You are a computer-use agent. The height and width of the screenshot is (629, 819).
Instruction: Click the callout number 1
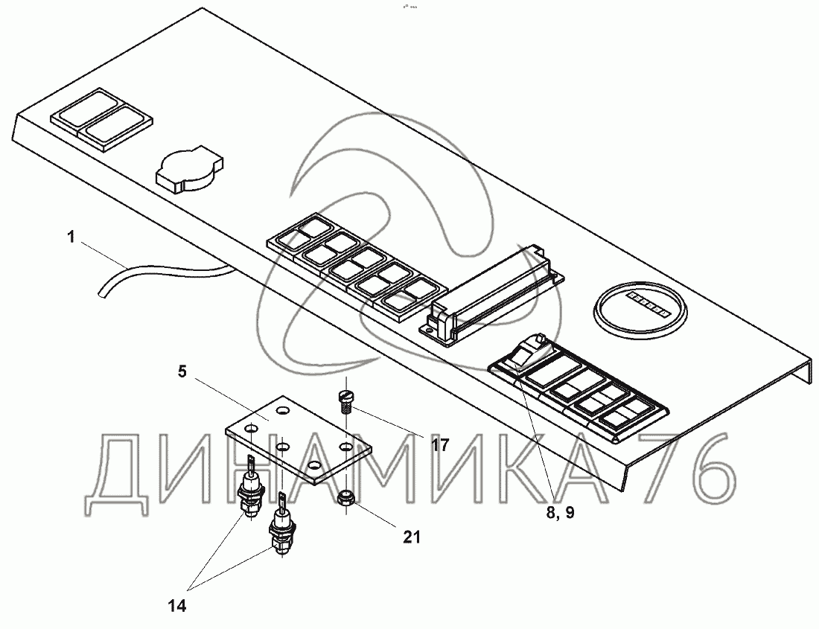(x=71, y=238)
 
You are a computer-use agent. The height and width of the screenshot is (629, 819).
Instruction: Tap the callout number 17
(x=440, y=445)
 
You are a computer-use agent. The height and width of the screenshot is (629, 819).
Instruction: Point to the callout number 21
(x=411, y=535)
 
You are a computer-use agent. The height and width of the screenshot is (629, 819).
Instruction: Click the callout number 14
(x=176, y=606)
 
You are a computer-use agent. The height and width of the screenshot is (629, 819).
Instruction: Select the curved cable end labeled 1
(x=104, y=290)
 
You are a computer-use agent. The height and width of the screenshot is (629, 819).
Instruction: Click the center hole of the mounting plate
(x=283, y=447)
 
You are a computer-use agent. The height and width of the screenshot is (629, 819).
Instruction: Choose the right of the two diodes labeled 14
(x=281, y=527)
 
